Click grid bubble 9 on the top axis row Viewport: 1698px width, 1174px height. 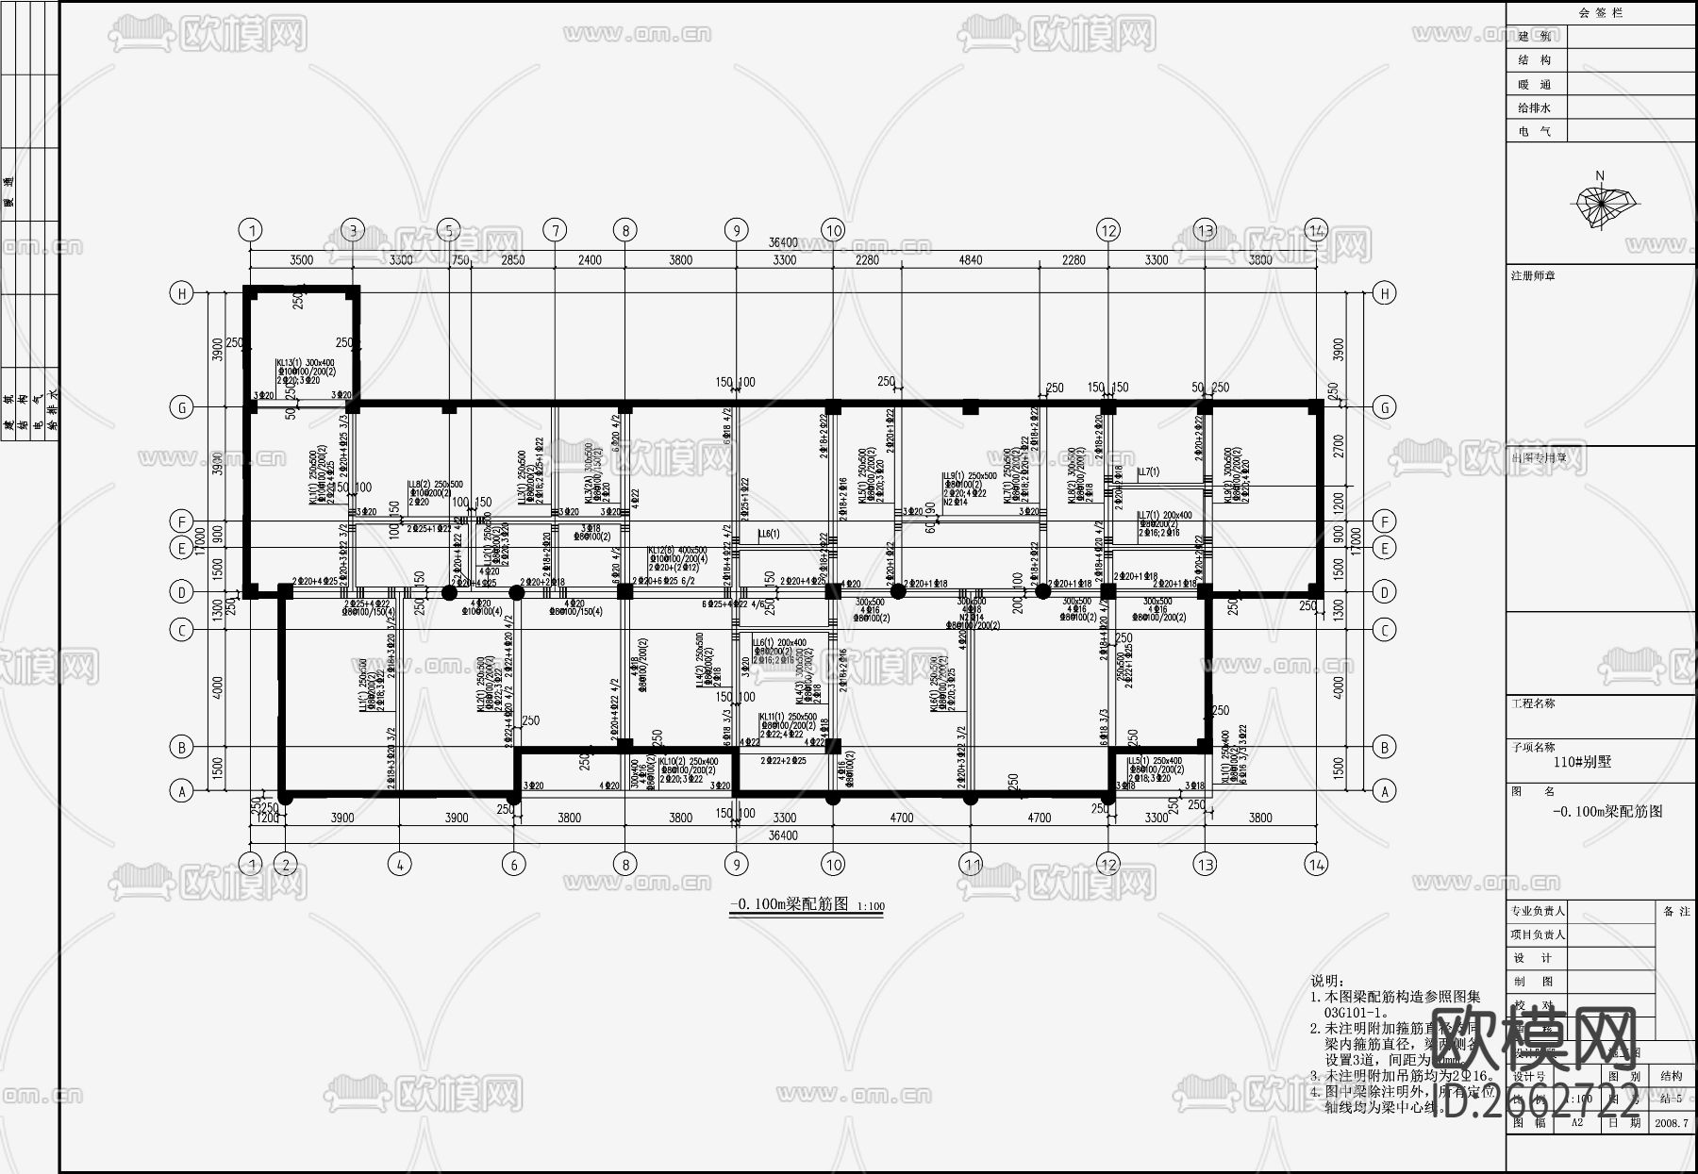click(x=736, y=230)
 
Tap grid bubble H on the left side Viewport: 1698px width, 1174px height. click(x=181, y=293)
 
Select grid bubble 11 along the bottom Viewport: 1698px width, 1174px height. click(x=971, y=864)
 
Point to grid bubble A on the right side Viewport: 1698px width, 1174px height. click(x=1384, y=792)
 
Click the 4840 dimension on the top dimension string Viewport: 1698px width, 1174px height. click(x=970, y=260)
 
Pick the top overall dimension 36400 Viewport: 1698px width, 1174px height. click(x=783, y=243)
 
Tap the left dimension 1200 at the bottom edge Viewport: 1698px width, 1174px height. click(x=268, y=818)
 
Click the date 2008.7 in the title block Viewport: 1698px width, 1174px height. click(x=1672, y=1123)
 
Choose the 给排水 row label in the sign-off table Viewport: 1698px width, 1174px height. click(x=1534, y=108)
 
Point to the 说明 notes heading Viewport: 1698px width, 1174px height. click(x=1326, y=981)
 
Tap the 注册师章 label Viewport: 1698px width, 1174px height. click(x=1533, y=276)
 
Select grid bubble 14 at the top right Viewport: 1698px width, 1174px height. click(x=1316, y=230)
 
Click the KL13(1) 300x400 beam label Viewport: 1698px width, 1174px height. click(x=305, y=362)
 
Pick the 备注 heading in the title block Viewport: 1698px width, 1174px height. click(x=1676, y=911)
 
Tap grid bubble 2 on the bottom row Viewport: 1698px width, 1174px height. click(x=285, y=864)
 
